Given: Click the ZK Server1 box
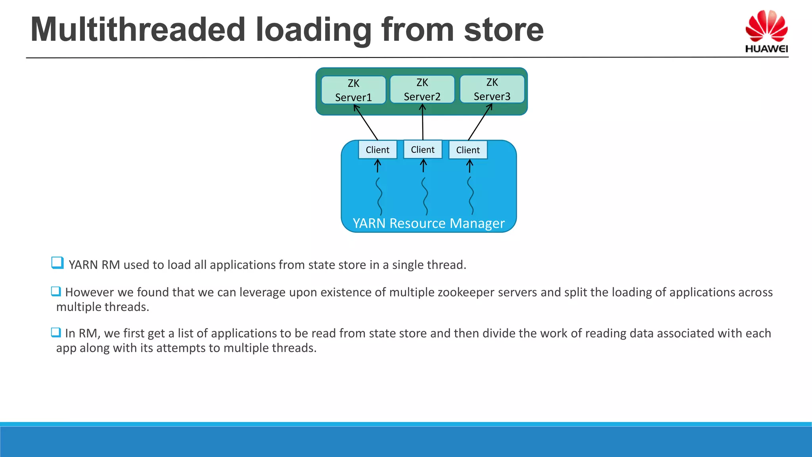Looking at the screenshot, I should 353,90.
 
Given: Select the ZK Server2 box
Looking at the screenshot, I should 422,89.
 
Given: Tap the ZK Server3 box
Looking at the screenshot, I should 492,89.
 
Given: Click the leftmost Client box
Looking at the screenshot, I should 377,150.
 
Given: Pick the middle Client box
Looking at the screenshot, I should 423,150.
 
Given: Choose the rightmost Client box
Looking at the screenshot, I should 468,150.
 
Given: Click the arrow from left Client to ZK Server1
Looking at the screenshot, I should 366,123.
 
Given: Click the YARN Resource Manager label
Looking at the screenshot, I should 429,223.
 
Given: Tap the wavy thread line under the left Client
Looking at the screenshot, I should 379,196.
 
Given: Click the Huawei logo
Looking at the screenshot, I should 766,31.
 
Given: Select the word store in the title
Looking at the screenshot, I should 504,30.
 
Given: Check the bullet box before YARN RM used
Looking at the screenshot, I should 57,263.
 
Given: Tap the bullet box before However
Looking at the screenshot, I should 56,292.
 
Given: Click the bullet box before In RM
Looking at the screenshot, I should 56,332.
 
